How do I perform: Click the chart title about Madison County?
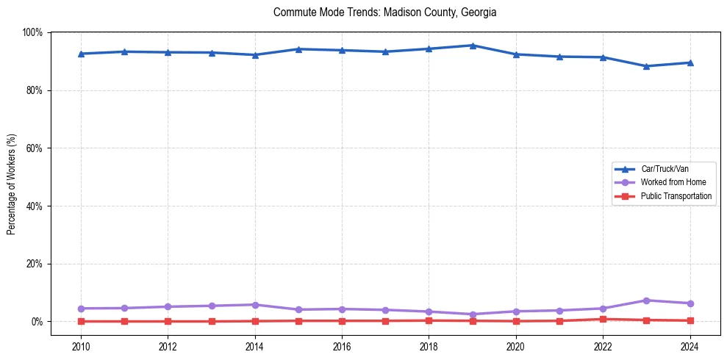[384, 12]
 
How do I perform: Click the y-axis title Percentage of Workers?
[12, 184]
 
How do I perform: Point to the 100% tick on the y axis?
[33, 32]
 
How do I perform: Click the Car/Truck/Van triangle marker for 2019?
[473, 46]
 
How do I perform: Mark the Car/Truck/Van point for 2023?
[646, 66]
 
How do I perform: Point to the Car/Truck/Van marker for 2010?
[81, 54]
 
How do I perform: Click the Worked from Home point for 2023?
[646, 300]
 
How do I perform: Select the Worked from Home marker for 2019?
[473, 314]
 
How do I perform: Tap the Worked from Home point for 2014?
[255, 305]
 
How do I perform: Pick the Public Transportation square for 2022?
[603, 319]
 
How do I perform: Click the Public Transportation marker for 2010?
[81, 321]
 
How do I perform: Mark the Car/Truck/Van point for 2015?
[298, 49]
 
